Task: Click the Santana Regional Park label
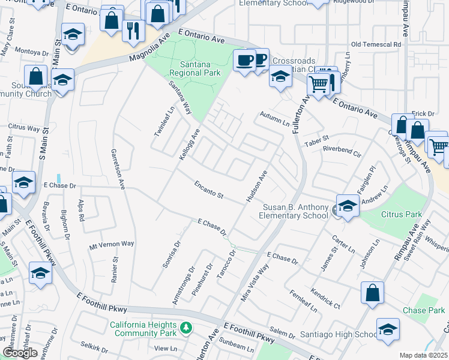pyautogui.click(x=195, y=68)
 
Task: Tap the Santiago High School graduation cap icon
pyautogui.click(x=388, y=330)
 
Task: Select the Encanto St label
pyautogui.click(x=208, y=190)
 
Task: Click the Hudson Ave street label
pyautogui.click(x=255, y=186)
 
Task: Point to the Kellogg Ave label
pyautogui.click(x=189, y=143)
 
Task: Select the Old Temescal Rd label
pyautogui.click(x=376, y=44)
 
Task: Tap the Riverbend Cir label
pyautogui.click(x=342, y=151)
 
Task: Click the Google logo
pyautogui.click(x=20, y=353)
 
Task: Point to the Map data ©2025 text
pyautogui.click(x=423, y=355)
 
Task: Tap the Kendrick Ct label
pyautogui.click(x=325, y=298)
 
